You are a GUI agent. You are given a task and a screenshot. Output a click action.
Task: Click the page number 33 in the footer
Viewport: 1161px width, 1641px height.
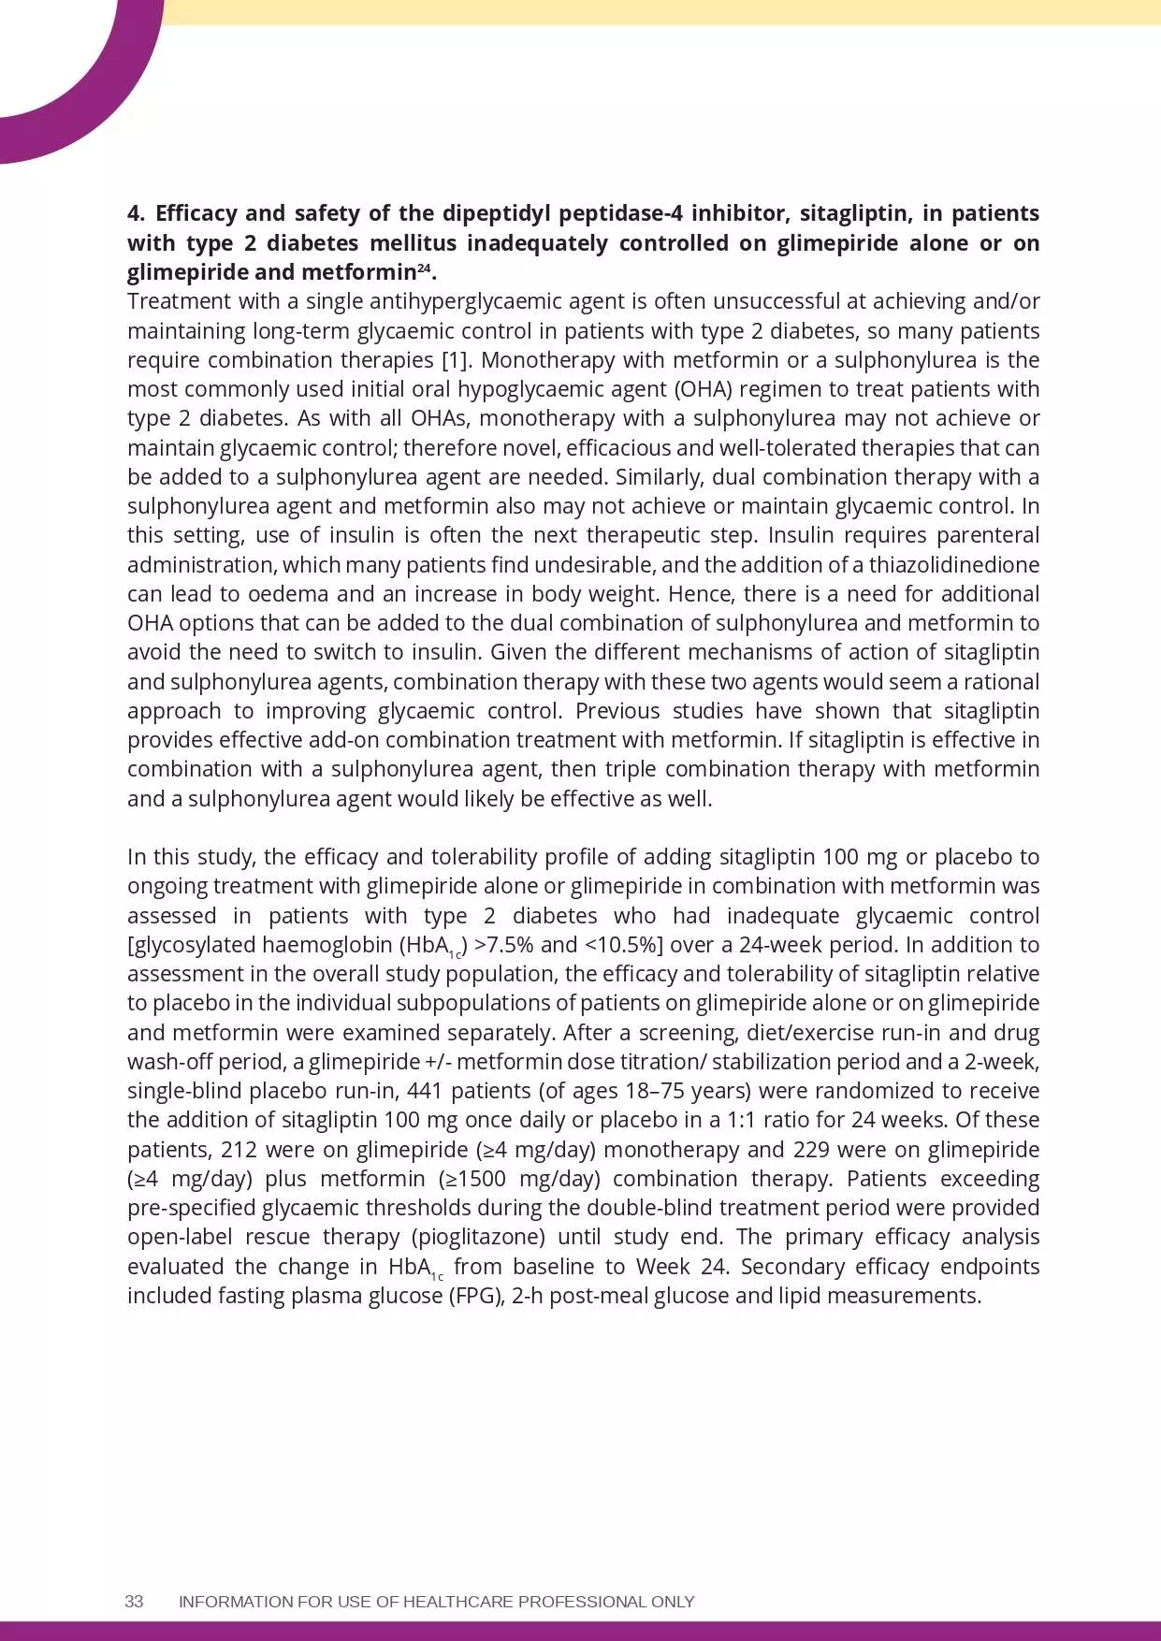pos(134,1601)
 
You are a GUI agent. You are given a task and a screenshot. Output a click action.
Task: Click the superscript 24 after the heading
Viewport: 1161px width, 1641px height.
pos(424,269)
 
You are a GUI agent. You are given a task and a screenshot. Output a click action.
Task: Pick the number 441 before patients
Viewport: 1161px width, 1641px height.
pos(426,1091)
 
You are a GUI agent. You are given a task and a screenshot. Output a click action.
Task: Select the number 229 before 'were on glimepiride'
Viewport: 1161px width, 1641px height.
pos(812,1150)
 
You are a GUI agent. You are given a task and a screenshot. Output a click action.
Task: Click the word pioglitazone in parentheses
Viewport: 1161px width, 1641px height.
pos(478,1237)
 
